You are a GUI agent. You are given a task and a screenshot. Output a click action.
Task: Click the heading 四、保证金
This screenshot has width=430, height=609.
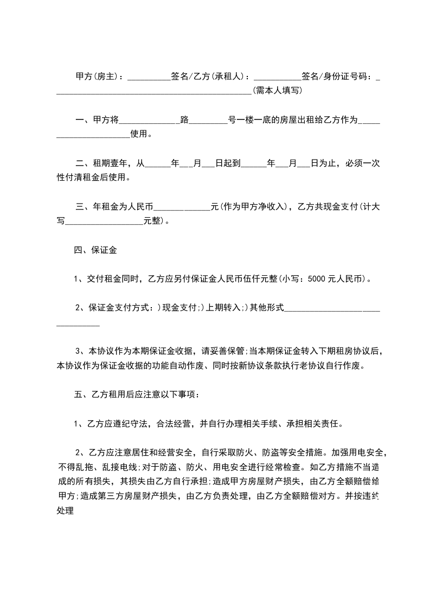[x=95, y=250]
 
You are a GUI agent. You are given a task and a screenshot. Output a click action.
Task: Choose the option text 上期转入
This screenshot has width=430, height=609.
[x=223, y=308]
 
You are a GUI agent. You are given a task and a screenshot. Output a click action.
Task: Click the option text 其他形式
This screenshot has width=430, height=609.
[x=266, y=308]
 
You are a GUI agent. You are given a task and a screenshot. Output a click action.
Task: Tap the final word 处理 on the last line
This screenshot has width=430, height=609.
[x=65, y=510]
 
